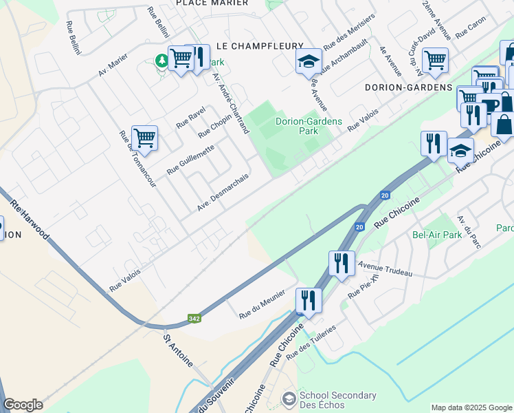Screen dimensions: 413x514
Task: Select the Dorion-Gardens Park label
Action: [309, 127]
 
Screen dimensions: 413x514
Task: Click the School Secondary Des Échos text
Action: [339, 400]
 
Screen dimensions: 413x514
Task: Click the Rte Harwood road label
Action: [30, 220]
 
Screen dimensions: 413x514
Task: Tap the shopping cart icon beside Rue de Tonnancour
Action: [144, 138]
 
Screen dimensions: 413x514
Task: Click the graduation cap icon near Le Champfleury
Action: [309, 62]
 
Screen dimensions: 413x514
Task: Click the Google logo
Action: [23, 405]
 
